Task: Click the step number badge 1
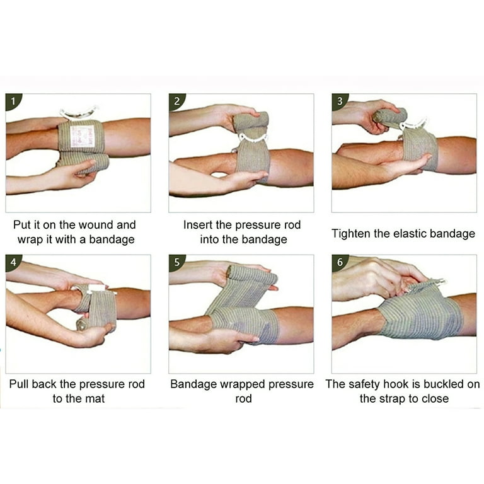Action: click(13, 101)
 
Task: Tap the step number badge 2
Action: click(176, 101)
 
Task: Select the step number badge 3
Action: click(339, 101)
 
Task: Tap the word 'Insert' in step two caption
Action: click(198, 225)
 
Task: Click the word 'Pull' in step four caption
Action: click(20, 384)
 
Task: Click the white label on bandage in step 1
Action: click(83, 136)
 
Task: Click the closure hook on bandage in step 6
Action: click(436, 283)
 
